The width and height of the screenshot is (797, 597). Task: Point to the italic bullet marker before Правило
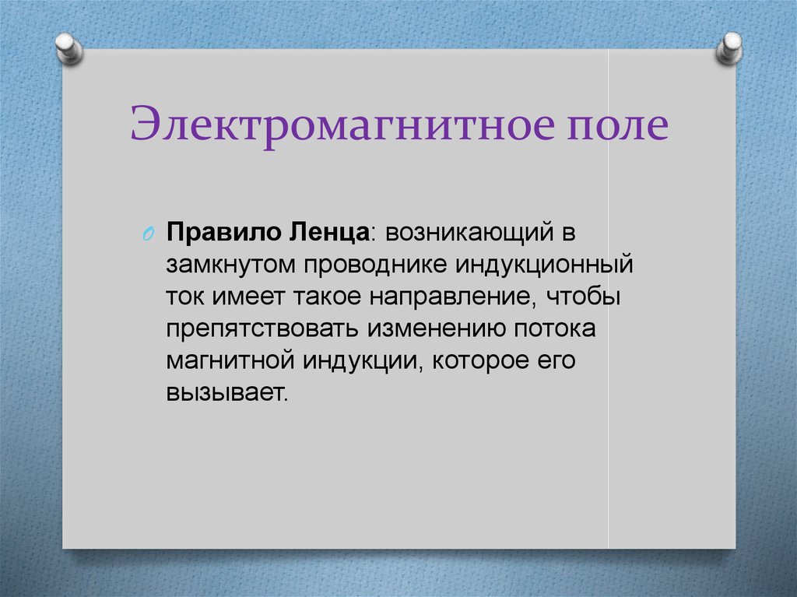151,235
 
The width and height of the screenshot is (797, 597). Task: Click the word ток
184,297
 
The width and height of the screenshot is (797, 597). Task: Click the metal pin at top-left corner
69,47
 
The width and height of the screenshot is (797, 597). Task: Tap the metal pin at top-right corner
729,47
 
